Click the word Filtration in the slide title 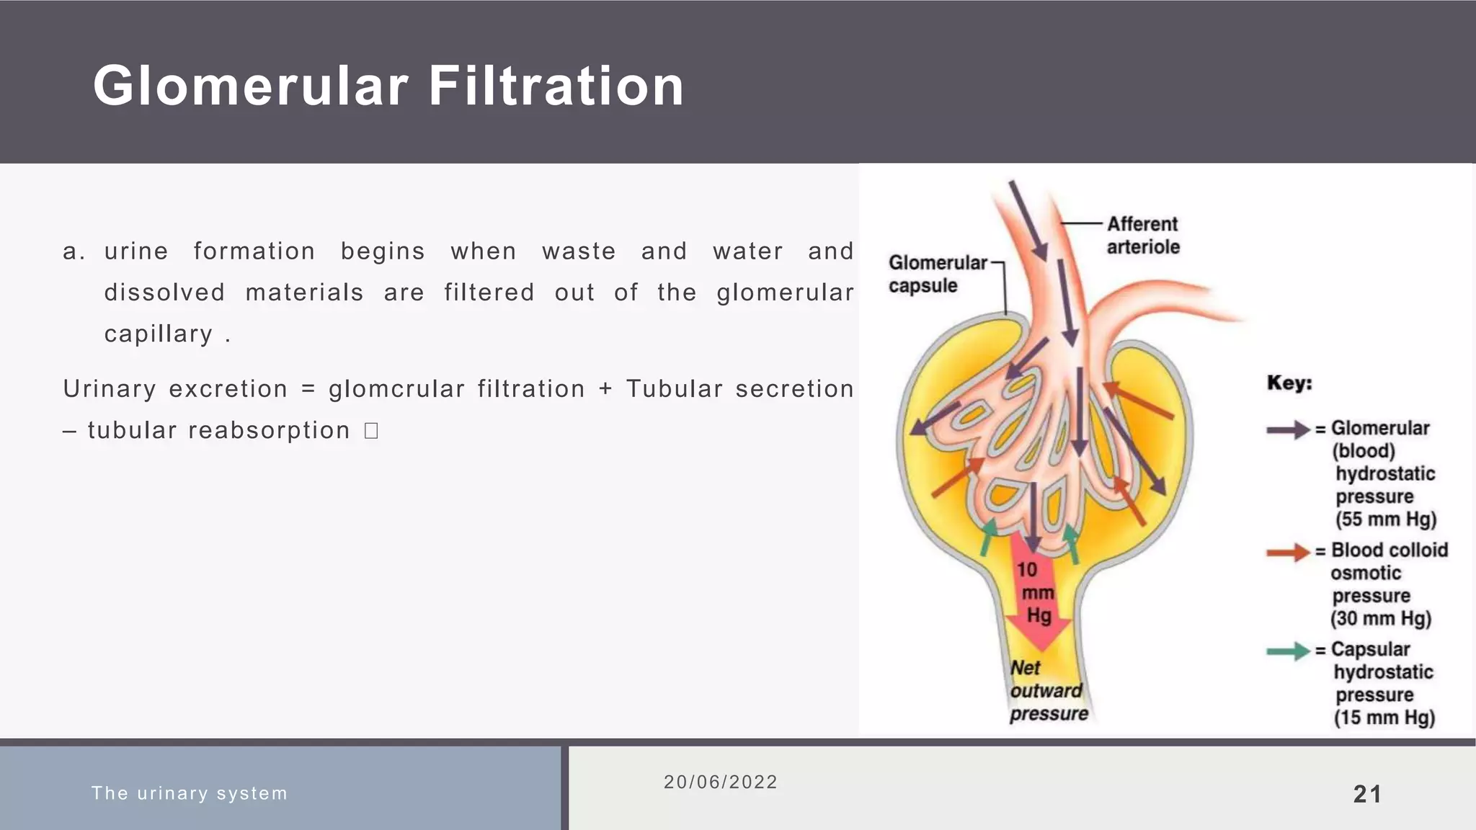556,86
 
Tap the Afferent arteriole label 1142,236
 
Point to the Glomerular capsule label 936,274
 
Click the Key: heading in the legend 1289,383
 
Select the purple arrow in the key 1288,430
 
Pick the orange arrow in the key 1288,553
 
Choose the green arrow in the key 1288,651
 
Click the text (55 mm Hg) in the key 1385,519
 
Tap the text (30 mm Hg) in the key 1380,619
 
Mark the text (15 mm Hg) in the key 1384,718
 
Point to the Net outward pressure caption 1048,691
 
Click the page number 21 1367,794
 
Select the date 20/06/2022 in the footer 720,782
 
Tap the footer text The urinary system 190,793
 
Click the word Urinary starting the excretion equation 109,389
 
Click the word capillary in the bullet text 159,334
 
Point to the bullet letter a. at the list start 74,251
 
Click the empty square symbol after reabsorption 371,431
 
